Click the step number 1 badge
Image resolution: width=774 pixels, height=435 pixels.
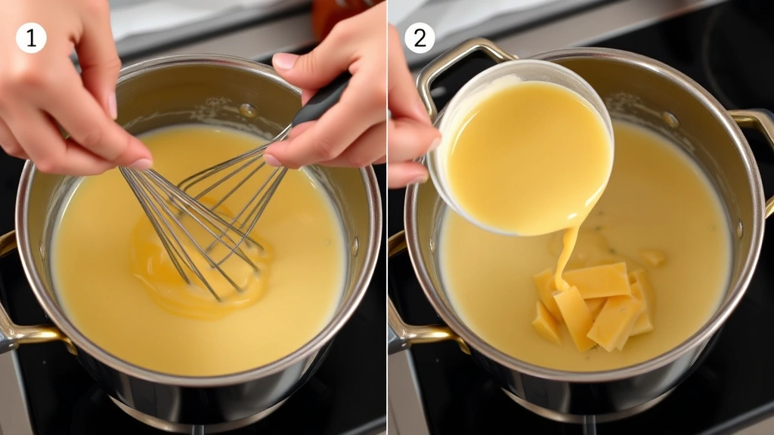click(x=31, y=38)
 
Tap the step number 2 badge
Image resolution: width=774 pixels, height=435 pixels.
click(x=420, y=38)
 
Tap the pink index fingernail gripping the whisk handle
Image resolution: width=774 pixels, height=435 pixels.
click(x=285, y=61)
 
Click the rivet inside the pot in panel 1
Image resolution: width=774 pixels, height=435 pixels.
click(x=247, y=111)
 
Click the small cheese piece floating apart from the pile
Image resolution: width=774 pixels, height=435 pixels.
click(x=652, y=258)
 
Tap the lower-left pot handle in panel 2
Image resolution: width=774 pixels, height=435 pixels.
click(x=412, y=332)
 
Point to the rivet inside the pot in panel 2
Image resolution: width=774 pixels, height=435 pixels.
click(x=670, y=119)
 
